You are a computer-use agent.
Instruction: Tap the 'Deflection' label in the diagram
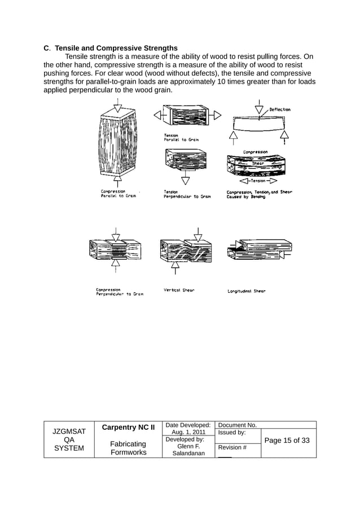pyautogui.click(x=280, y=110)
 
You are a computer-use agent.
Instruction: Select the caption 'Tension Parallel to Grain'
pyautogui.click(x=181, y=137)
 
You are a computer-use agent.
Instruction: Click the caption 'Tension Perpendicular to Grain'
pyautogui.click(x=187, y=194)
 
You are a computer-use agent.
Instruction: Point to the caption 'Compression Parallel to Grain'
pyautogui.click(x=118, y=194)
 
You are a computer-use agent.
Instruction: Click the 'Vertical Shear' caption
pyautogui.click(x=179, y=290)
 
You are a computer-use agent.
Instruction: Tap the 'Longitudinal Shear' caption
pyautogui.click(x=246, y=291)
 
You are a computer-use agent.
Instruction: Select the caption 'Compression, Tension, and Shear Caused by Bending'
pyautogui.click(x=259, y=194)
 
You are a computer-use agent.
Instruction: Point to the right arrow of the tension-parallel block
pyautogui.click(x=216, y=115)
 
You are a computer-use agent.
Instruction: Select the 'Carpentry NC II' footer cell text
pyautogui.click(x=128, y=428)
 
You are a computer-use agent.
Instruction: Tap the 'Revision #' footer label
pyautogui.click(x=232, y=447)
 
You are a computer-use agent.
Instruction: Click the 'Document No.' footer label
pyautogui.click(x=238, y=425)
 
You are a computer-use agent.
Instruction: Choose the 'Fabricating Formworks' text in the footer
pyautogui.click(x=128, y=448)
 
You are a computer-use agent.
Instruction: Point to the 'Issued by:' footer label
pyautogui.click(x=232, y=433)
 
